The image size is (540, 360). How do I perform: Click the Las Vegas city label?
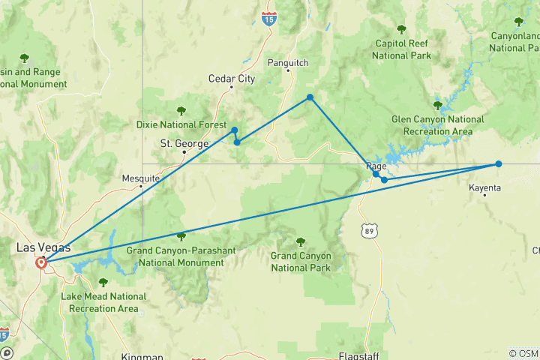click(43, 247)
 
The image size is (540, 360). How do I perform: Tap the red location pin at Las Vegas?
click(41, 262)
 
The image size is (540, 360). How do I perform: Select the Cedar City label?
click(232, 79)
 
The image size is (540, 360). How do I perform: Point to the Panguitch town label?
click(288, 63)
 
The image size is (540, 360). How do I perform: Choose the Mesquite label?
click(141, 178)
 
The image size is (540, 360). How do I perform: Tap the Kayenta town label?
click(484, 187)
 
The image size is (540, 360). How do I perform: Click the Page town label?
click(376, 167)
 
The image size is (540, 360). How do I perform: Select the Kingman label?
click(142, 357)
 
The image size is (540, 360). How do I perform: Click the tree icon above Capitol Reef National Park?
click(401, 30)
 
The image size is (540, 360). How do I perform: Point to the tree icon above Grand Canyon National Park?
click(301, 241)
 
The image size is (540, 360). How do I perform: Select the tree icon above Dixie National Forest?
click(180, 111)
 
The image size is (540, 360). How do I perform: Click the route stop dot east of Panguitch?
click(310, 97)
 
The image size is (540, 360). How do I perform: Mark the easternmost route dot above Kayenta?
click(498, 163)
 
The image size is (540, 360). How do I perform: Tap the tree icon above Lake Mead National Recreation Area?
click(103, 282)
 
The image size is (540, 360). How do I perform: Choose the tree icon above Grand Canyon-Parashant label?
click(181, 235)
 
